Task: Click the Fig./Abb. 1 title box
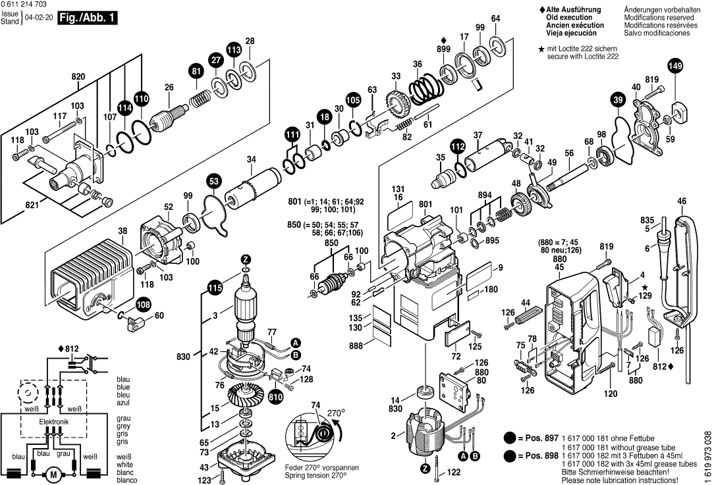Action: pos(88,18)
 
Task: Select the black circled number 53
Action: pos(214,181)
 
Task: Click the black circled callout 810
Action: pos(275,397)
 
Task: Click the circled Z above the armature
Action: pos(246,259)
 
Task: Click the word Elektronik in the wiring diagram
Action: pos(54,422)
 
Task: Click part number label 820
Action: pos(78,77)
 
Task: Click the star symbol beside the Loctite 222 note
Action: pos(541,49)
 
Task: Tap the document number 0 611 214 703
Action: pos(24,5)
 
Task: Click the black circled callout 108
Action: pos(144,305)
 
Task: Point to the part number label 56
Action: pos(570,153)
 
